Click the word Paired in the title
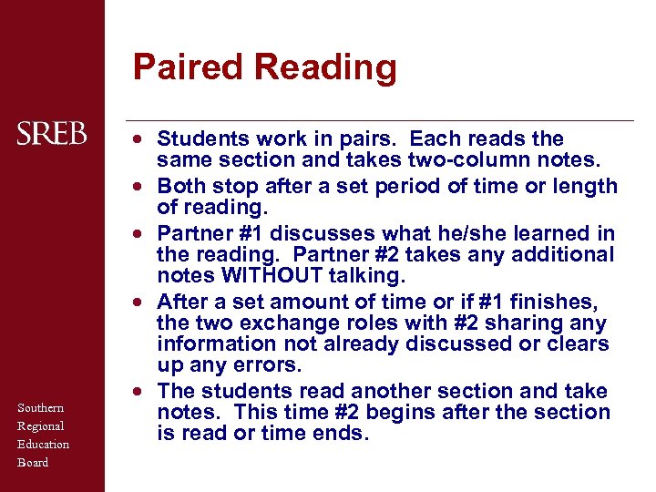[x=189, y=67]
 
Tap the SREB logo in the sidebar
[x=52, y=135]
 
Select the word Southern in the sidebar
[x=41, y=408]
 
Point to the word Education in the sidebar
[x=44, y=445]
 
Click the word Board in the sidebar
[x=33, y=463]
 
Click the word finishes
[x=547, y=302]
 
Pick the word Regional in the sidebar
[x=41, y=426]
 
